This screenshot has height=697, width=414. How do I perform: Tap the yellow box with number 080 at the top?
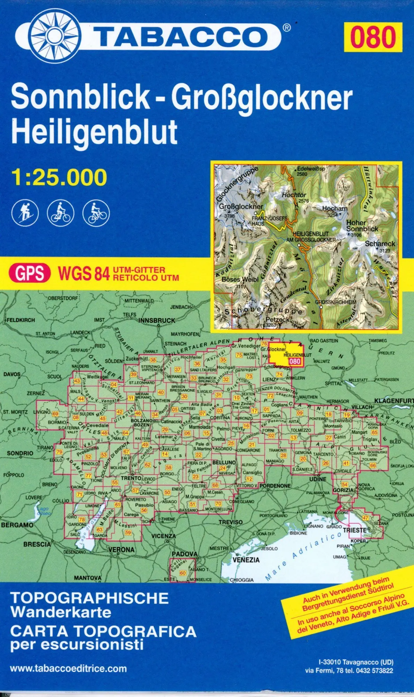373,37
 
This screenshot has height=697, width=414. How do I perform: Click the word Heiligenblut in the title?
94,132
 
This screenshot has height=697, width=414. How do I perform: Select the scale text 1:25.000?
59,177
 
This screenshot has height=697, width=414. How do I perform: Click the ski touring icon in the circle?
25,213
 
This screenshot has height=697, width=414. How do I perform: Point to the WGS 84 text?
84,273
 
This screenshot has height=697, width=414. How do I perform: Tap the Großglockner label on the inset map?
241,206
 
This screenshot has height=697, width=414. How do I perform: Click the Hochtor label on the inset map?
294,195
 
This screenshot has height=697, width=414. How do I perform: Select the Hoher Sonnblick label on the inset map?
362,225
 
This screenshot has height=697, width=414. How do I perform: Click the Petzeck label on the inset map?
277,319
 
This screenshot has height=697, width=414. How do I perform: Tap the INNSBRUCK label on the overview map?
157,320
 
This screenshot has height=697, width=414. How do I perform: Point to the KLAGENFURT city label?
393,401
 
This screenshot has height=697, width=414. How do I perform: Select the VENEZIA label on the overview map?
246,560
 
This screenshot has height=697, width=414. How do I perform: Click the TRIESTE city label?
354,530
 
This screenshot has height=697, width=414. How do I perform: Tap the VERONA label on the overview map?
121,550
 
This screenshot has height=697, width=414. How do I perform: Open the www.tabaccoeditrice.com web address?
68,668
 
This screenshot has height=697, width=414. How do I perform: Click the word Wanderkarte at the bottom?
61,612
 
